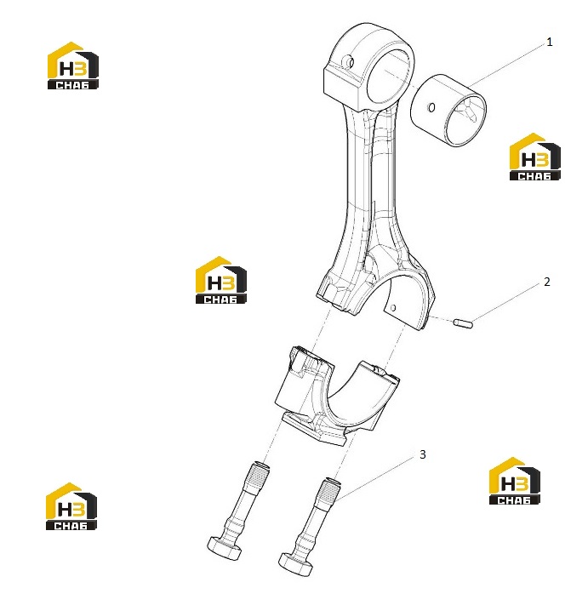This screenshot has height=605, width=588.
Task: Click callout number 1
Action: pyautogui.click(x=550, y=42)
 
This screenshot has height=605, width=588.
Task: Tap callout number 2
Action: pyautogui.click(x=546, y=282)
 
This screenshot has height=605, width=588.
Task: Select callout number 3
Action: pyautogui.click(x=423, y=454)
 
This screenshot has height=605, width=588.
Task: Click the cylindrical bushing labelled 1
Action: pyautogui.click(x=448, y=111)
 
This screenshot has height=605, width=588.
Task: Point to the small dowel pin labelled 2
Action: pyautogui.click(x=463, y=323)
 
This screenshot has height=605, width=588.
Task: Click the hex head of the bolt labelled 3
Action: pyautogui.click(x=294, y=565)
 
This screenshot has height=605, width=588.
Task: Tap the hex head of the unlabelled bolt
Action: pyautogui.click(x=225, y=548)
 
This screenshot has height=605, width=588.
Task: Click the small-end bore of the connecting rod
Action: pyautogui.click(x=389, y=77)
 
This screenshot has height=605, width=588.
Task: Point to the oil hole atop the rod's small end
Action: pyautogui.click(x=350, y=62)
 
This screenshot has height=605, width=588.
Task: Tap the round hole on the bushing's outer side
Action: pyautogui.click(x=431, y=108)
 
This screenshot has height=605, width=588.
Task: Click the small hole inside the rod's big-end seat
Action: pyautogui.click(x=393, y=308)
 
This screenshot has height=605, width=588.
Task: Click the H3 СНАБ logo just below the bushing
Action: pyautogui.click(x=534, y=157)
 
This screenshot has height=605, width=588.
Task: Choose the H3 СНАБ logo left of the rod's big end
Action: pyautogui.click(x=220, y=280)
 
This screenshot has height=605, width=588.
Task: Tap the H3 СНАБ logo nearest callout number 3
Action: pyautogui.click(x=514, y=481)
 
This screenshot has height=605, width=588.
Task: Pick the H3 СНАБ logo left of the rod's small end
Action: pyautogui.click(x=73, y=66)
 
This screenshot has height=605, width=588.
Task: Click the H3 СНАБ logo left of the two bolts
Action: pyautogui.click(x=71, y=506)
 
